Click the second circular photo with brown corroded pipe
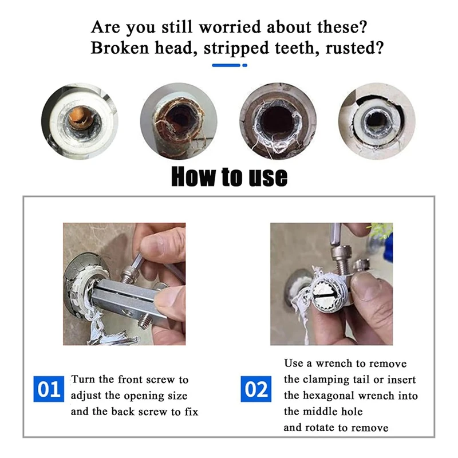[179, 121]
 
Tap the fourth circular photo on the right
[377, 121]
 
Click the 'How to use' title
[229, 176]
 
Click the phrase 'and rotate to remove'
[335, 428]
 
